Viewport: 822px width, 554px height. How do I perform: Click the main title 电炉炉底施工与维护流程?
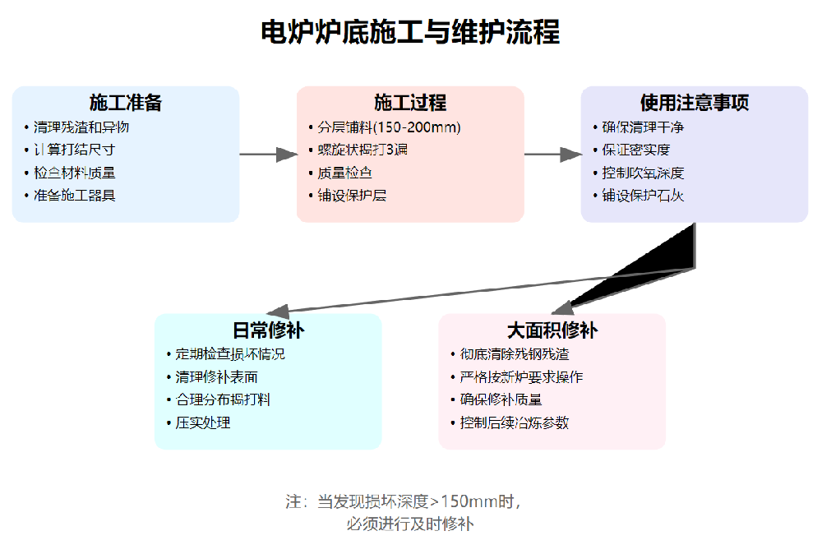click(410, 33)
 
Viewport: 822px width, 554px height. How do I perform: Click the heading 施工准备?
click(126, 103)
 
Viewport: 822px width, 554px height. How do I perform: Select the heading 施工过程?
click(410, 103)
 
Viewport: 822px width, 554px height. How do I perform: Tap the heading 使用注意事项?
click(695, 103)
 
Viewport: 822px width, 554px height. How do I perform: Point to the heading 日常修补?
click(268, 330)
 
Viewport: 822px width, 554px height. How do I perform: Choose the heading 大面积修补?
click(552, 330)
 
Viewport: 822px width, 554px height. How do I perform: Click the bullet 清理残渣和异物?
click(81, 127)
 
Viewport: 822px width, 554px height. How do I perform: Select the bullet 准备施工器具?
click(75, 196)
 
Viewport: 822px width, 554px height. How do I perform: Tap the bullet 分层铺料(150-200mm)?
click(389, 127)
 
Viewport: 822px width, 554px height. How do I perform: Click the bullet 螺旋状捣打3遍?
click(363, 150)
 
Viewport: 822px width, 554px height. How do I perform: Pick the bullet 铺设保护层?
click(352, 196)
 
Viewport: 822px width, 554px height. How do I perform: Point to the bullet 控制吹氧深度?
click(643, 173)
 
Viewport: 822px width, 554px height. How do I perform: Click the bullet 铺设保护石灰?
click(643, 196)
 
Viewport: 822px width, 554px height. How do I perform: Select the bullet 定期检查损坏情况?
click(230, 354)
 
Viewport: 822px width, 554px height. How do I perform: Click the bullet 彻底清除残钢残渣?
click(515, 354)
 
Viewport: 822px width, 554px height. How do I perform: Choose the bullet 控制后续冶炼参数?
click(515, 422)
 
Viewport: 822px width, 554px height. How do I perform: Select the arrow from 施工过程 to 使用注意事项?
click(552, 154)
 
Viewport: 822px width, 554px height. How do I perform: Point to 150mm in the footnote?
click(471, 502)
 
